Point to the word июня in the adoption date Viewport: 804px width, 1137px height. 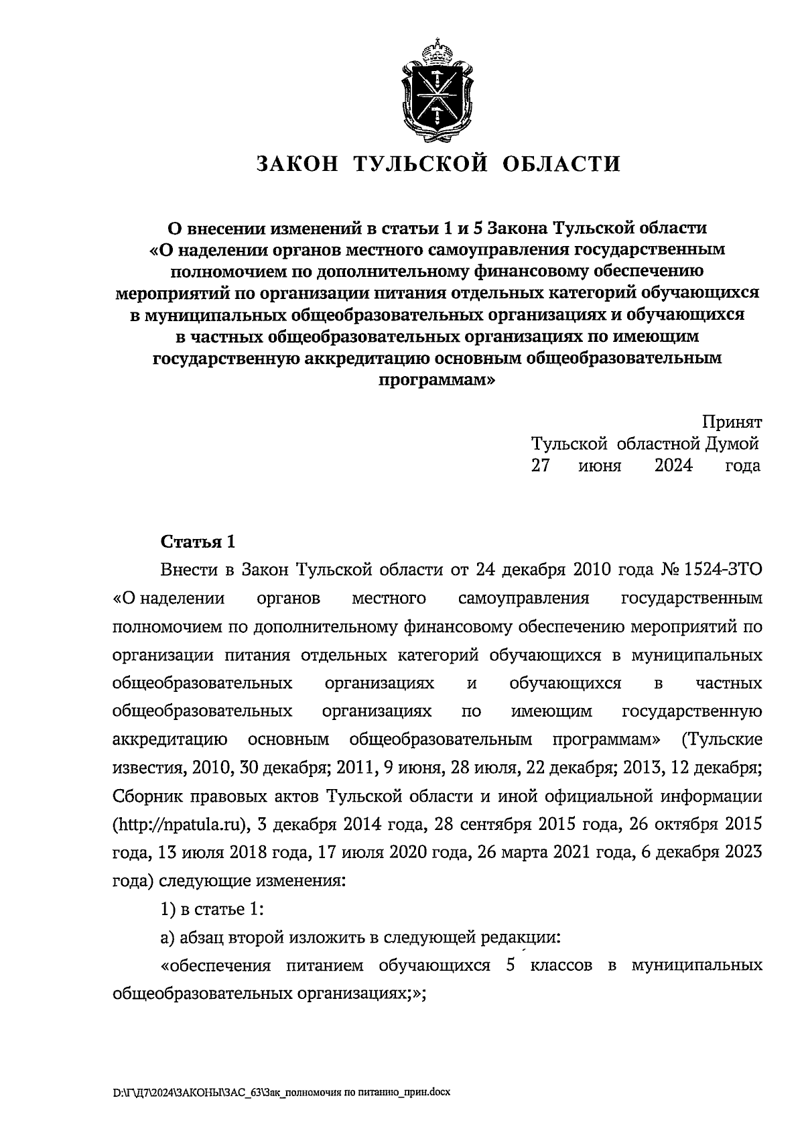tap(600, 465)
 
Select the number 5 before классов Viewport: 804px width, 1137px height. tap(511, 965)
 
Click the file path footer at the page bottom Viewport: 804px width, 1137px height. tap(282, 1092)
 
